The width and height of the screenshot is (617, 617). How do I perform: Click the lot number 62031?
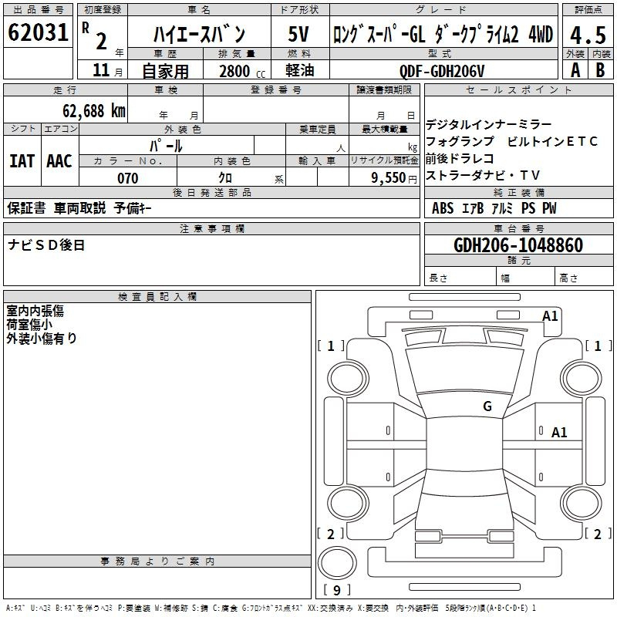(x=37, y=34)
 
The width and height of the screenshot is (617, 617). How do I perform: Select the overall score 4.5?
(x=588, y=34)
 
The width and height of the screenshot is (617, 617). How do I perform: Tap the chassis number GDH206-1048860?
(x=518, y=245)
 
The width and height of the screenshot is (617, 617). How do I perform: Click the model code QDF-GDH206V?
(x=442, y=71)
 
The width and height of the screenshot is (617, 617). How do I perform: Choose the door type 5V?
(x=301, y=34)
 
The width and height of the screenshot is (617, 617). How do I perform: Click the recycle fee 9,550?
(x=389, y=178)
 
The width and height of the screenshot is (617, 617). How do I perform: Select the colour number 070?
(x=127, y=178)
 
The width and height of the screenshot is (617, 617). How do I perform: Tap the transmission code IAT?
(x=22, y=160)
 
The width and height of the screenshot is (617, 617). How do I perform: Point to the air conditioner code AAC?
(x=59, y=160)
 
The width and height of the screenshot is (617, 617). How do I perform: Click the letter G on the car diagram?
(x=487, y=406)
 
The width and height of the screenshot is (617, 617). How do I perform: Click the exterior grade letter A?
(x=575, y=70)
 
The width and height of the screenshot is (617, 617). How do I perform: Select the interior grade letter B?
(x=600, y=70)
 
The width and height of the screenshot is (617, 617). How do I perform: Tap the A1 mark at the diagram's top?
(x=550, y=315)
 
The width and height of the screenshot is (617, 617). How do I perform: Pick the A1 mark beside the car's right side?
(x=559, y=433)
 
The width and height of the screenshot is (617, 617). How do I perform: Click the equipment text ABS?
(x=443, y=208)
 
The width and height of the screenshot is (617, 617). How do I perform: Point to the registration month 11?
(x=101, y=71)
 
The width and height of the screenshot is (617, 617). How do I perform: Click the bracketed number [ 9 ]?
(x=338, y=590)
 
